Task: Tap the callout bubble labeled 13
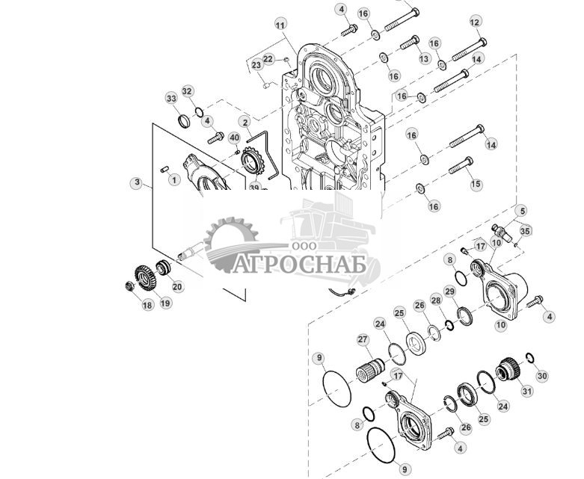pyautogui.click(x=424, y=59)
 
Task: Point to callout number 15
pyautogui.click(x=476, y=185)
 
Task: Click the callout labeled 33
pyautogui.click(x=171, y=99)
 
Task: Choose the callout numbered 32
pyautogui.click(x=187, y=92)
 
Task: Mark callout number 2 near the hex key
pyautogui.click(x=245, y=121)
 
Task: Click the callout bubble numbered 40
pyautogui.click(x=234, y=137)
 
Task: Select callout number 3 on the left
pyautogui.click(x=136, y=182)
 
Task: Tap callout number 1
pyautogui.click(x=174, y=179)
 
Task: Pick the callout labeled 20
pyautogui.click(x=177, y=286)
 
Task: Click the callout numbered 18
pyautogui.click(x=147, y=305)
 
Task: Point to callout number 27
pyautogui.click(x=363, y=340)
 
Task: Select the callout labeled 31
pyautogui.click(x=527, y=390)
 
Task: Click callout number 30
pyautogui.click(x=543, y=376)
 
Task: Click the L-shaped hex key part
pyautogui.click(x=268, y=149)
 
